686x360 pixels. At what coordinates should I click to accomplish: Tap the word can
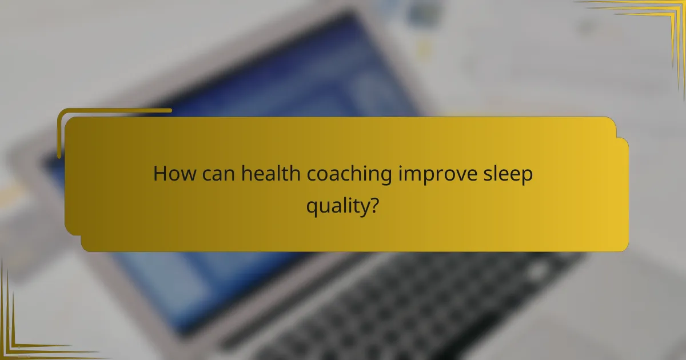217,174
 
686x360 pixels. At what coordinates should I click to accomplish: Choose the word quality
336,206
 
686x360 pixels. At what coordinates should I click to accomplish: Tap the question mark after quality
372,204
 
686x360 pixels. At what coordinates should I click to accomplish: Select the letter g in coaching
386,178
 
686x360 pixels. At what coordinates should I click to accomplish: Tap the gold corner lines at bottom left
23,337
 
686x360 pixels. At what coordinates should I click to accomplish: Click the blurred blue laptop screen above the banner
257,74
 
